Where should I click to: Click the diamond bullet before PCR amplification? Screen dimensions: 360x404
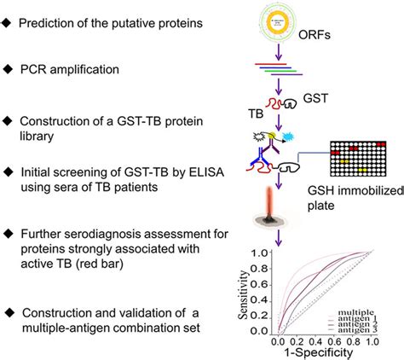point(11,67)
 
